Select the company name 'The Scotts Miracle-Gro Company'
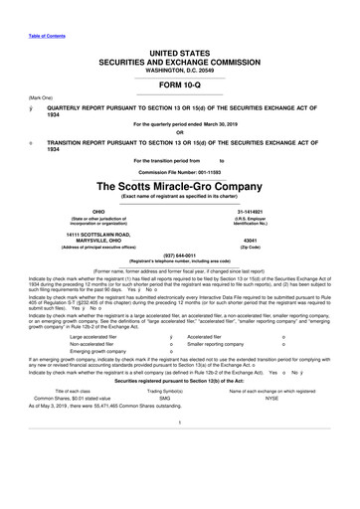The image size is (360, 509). click(180, 161)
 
